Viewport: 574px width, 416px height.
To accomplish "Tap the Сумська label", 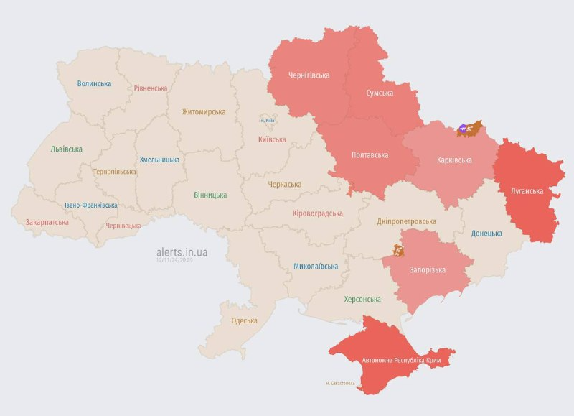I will (379, 93).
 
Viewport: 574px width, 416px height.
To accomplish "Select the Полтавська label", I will (370, 155).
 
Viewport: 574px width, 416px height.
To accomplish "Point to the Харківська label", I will (454, 160).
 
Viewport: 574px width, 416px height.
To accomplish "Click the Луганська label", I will (526, 191).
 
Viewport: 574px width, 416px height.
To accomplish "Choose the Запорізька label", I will (428, 269).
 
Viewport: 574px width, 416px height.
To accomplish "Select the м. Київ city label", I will (268, 120).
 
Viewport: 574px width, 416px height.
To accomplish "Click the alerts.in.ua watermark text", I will (182, 252).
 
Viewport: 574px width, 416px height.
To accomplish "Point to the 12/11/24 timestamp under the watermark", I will (174, 260).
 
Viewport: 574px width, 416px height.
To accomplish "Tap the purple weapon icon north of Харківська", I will (464, 129).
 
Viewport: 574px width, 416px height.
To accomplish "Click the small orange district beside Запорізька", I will (398, 251).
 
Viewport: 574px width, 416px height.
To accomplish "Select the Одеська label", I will (244, 320).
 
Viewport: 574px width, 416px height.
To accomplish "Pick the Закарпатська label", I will (47, 222).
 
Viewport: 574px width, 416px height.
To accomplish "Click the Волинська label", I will (94, 83).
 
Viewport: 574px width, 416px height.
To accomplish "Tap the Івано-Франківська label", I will (90, 205).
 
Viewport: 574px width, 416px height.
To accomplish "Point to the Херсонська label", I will (362, 299).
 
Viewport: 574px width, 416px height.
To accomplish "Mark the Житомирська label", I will (204, 111).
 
